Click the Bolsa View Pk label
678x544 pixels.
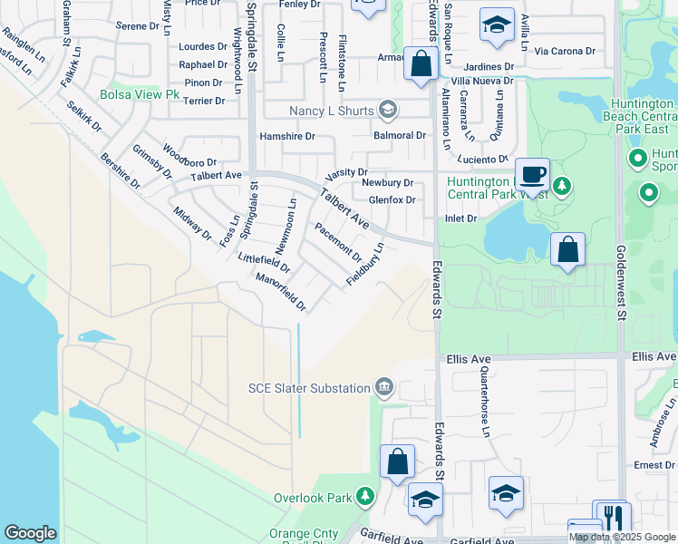pos(140,94)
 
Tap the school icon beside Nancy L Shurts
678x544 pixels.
pos(388,111)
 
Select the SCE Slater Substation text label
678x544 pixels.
pos(309,388)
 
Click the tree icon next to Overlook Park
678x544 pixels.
pos(364,497)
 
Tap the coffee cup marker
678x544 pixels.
pos(532,173)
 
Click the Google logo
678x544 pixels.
pos(30,533)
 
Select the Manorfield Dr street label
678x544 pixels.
pos(280,292)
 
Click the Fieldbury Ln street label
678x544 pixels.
pos(366,265)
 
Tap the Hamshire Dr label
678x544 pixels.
pos(286,136)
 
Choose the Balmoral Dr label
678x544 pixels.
pos(400,135)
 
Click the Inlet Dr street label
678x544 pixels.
pos(460,219)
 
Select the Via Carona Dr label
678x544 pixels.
pos(565,52)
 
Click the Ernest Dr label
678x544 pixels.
pos(655,465)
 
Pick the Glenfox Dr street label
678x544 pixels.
pos(392,200)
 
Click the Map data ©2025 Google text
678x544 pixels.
pos(622,537)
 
